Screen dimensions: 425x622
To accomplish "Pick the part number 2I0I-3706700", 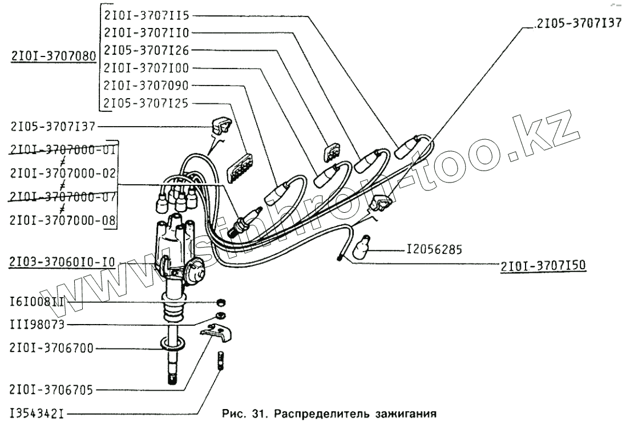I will click(x=52, y=347).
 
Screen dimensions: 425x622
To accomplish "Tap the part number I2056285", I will click(x=434, y=249).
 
